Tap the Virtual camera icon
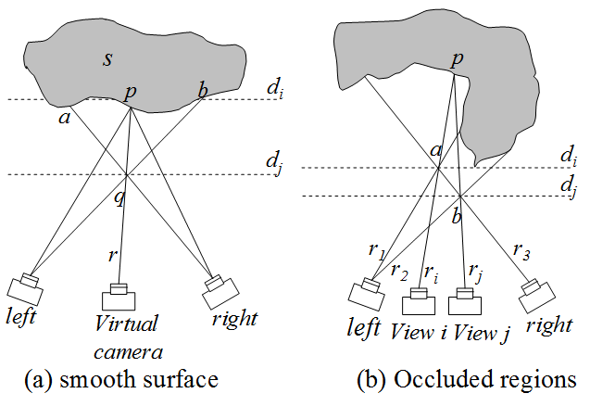coord(118,297)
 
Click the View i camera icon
coord(420,302)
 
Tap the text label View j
coord(479,332)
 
